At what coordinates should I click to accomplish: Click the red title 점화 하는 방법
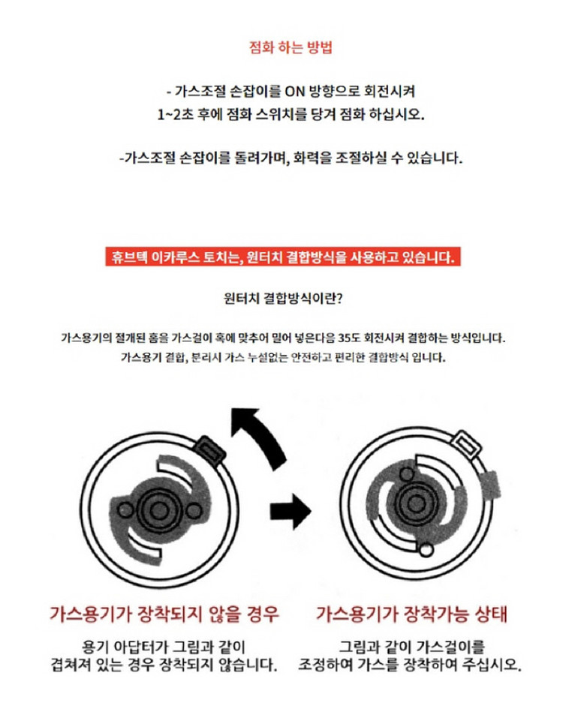[x=291, y=48]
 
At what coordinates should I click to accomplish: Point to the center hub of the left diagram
[x=158, y=509]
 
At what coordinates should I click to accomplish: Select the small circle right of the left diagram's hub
[x=194, y=511]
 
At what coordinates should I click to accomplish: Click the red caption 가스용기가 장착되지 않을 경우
[x=164, y=614]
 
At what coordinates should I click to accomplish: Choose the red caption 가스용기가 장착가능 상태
[x=412, y=614]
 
